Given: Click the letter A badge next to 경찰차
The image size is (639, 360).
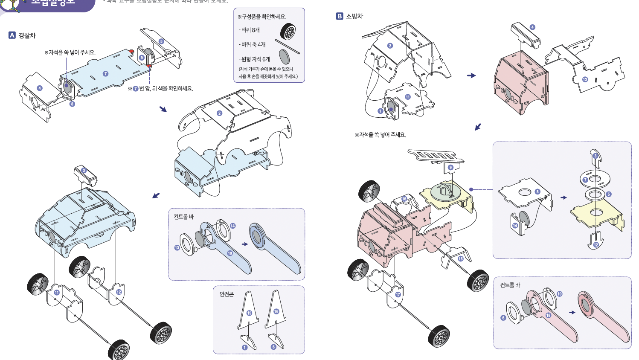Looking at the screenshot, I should [12, 35].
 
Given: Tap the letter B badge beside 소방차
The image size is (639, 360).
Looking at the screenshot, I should [340, 16].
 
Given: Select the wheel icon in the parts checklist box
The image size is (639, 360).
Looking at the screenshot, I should [288, 32].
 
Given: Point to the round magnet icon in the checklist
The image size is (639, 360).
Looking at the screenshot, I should [285, 57].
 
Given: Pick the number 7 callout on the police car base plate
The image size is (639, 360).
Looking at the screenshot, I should [105, 73].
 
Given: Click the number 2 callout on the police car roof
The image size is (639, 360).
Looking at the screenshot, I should [219, 113].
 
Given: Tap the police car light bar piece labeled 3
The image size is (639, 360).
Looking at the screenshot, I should [85, 175].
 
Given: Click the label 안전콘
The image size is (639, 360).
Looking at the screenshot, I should [227, 294].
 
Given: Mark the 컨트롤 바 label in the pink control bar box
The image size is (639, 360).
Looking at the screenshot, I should [510, 285].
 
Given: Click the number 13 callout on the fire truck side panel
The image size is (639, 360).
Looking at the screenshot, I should [585, 79].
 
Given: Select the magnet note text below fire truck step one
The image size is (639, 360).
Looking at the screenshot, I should [380, 135].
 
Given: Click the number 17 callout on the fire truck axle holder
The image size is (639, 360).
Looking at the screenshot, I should [398, 294].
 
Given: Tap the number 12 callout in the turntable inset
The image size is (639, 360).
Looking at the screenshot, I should [596, 244].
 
